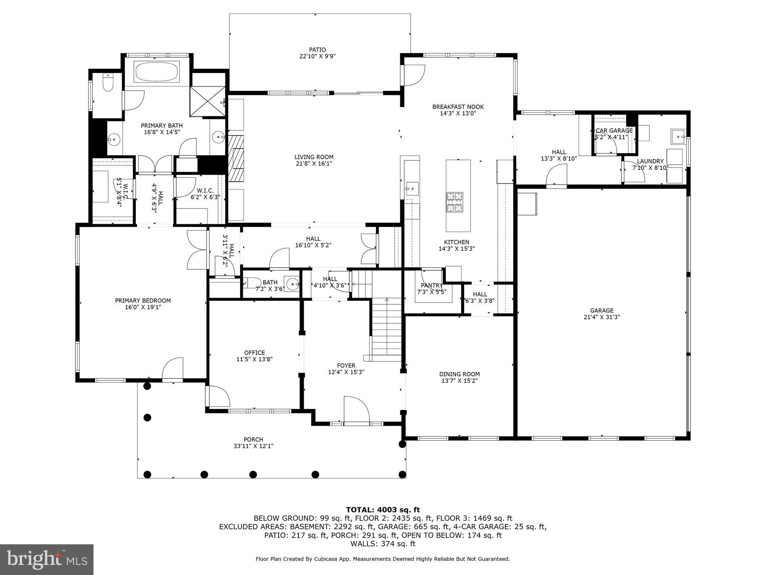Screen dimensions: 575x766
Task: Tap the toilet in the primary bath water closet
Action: pyautogui.click(x=108, y=83)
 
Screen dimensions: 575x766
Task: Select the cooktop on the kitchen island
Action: pyautogui.click(x=454, y=202)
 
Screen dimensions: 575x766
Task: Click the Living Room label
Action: pyautogui.click(x=314, y=157)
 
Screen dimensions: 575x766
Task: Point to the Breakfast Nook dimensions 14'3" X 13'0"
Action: pyautogui.click(x=458, y=113)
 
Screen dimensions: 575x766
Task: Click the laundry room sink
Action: pyautogui.click(x=678, y=137)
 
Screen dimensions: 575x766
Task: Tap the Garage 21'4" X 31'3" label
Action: pyautogui.click(x=602, y=314)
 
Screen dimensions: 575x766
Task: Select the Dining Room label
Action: pyautogui.click(x=459, y=374)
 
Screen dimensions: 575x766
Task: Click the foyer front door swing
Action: pyautogui.click(x=356, y=410)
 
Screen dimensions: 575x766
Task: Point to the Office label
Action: pyautogui.click(x=254, y=353)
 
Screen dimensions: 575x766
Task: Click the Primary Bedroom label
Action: pyautogui.click(x=143, y=301)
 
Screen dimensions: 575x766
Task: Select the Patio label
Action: pyautogui.click(x=317, y=50)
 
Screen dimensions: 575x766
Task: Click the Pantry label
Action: pyautogui.click(x=431, y=286)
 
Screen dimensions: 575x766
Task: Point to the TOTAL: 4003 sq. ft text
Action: pyautogui.click(x=383, y=510)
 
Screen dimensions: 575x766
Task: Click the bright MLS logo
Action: pyautogui.click(x=47, y=559)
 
